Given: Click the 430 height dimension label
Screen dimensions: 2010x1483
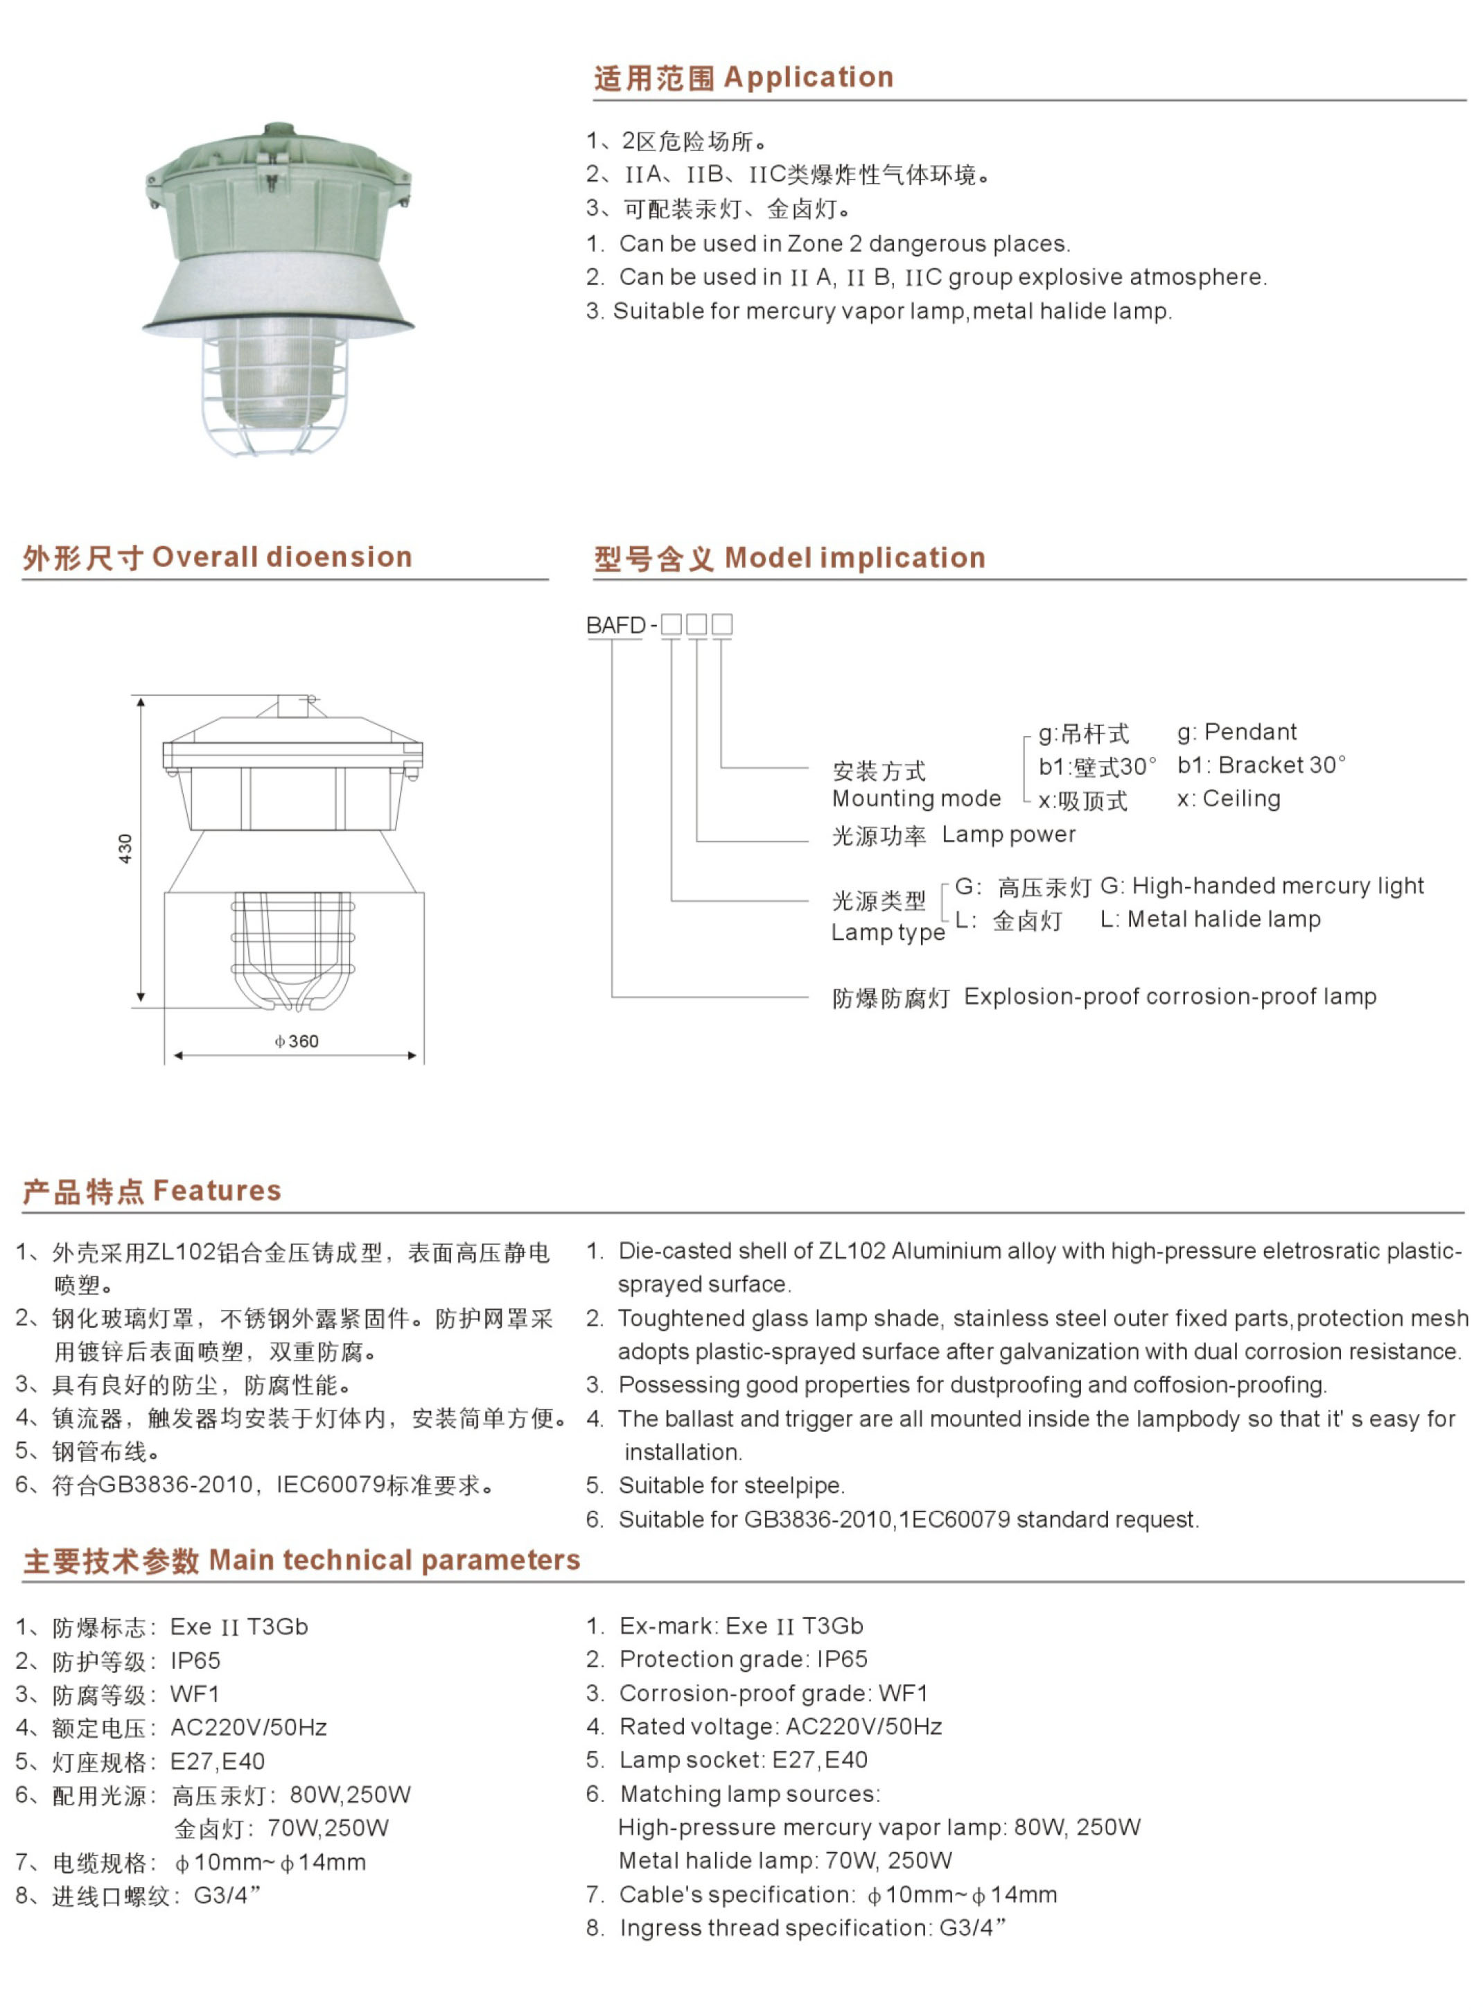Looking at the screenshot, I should pos(125,848).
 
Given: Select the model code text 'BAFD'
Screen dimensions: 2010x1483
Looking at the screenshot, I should pos(616,624).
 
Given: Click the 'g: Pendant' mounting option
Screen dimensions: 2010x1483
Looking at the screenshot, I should pos(1236,732).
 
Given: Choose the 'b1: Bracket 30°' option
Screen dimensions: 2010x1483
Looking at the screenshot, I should pos(1261,765).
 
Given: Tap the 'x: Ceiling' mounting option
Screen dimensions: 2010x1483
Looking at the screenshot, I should pos(1228,798).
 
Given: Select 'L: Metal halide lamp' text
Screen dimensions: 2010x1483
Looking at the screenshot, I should pos(1210,918).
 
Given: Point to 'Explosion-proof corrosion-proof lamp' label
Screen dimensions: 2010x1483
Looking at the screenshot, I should pos(1170,997).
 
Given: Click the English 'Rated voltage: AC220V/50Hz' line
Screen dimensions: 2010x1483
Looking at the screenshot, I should pos(780,1727).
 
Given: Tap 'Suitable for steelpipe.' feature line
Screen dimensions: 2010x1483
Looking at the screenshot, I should pos(730,1486).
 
